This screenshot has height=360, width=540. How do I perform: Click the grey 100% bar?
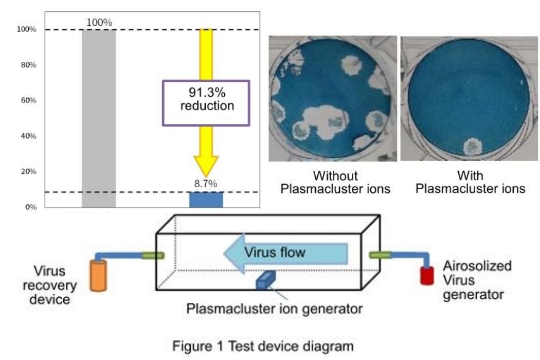(x=99, y=118)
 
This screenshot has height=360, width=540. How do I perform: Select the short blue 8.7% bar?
(x=206, y=200)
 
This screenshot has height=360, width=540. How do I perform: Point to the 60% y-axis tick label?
(x=28, y=100)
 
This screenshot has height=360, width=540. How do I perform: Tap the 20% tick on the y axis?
(x=28, y=171)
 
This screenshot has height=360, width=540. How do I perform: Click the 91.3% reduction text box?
(x=206, y=103)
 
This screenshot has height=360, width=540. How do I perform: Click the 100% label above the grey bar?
(x=99, y=23)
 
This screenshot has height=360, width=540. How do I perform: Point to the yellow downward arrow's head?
(x=206, y=167)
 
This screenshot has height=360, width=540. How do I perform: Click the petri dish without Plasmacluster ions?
(x=332, y=98)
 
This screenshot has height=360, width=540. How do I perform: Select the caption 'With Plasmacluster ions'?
(x=470, y=182)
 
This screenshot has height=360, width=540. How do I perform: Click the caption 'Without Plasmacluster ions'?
(x=335, y=182)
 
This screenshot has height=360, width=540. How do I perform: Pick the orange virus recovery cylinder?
(x=96, y=276)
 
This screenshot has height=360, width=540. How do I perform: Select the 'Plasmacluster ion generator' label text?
(x=275, y=309)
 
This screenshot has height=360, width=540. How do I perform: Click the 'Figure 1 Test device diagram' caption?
(x=271, y=346)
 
